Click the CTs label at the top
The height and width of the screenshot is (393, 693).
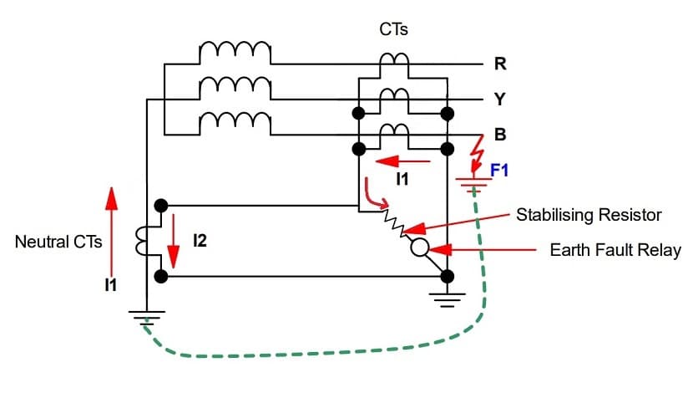pos(393,30)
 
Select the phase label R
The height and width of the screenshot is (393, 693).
pos(499,64)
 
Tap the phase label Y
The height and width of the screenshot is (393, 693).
pos(499,100)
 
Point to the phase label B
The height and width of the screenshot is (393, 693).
pos(499,135)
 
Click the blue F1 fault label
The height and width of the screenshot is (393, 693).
pos(499,171)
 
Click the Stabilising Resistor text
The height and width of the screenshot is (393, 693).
pos(589,215)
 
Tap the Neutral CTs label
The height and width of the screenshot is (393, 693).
pos(58,242)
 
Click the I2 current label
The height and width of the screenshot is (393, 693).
pos(200,242)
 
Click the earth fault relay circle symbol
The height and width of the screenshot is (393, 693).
pos(419,248)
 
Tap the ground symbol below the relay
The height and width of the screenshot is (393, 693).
pos(448,299)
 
